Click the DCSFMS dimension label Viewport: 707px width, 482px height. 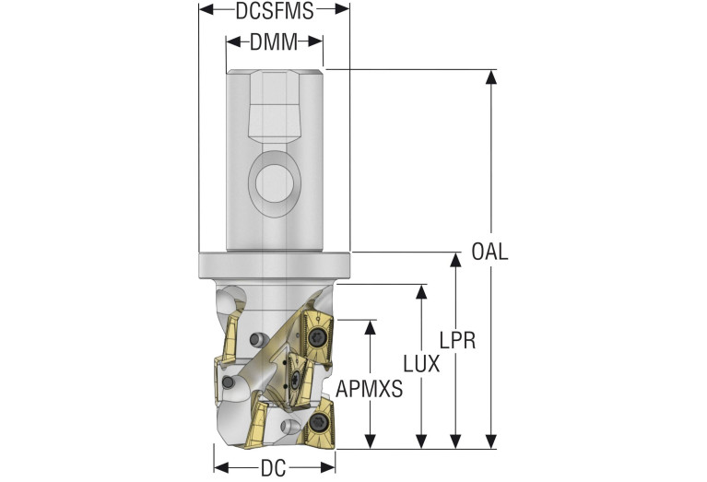(274, 11)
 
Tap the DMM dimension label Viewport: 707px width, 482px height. (274, 42)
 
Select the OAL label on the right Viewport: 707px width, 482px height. (489, 252)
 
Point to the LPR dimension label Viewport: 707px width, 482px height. (457, 340)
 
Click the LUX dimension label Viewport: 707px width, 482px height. (421, 364)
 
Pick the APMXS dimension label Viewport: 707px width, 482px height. (370, 389)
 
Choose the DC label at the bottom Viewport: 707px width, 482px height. (274, 468)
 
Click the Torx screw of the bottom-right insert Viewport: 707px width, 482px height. (318, 423)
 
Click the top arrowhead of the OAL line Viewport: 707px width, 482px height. (491, 77)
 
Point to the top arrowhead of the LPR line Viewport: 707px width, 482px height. (456, 260)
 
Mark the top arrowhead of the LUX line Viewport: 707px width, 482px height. (421, 292)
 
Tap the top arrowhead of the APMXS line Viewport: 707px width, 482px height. (371, 327)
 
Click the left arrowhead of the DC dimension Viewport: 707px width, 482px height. (221, 467)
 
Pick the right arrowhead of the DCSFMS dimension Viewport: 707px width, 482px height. (342, 9)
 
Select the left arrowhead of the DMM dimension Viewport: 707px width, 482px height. (233, 41)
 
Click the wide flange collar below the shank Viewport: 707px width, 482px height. (274, 266)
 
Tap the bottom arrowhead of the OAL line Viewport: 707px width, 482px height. (491, 441)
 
